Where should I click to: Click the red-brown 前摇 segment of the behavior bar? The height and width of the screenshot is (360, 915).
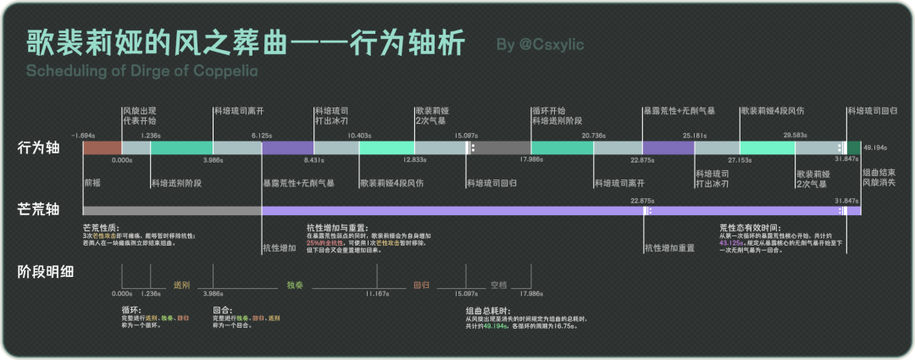(102, 148)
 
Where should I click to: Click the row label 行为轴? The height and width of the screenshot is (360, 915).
(39, 148)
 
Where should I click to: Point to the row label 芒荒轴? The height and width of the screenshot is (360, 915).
(39, 207)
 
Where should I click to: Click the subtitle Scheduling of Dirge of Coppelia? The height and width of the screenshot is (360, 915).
(141, 70)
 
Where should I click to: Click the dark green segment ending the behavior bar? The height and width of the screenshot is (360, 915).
(854, 148)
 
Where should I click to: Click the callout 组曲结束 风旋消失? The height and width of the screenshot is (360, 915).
(879, 177)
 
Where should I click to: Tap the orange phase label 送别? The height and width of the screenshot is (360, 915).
(181, 285)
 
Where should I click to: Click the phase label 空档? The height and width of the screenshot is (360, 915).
(498, 285)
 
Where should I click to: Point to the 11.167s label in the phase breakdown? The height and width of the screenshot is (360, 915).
(377, 294)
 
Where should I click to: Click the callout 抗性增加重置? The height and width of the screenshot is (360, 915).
(669, 248)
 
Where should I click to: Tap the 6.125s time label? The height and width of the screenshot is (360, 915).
(261, 136)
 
